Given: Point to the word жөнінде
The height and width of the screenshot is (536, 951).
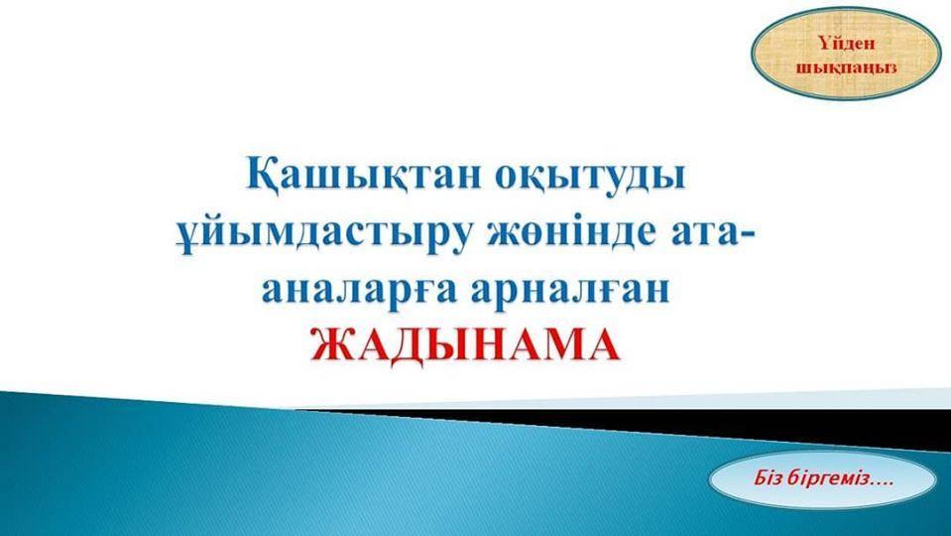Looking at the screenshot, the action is click(572, 234).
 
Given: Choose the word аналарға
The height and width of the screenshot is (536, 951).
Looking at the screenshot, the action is click(360, 292).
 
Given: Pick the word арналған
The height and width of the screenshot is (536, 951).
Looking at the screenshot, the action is click(571, 292).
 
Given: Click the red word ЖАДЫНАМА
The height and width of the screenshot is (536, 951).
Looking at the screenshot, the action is click(466, 344).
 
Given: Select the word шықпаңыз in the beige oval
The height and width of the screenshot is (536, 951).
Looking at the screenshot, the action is click(847, 67).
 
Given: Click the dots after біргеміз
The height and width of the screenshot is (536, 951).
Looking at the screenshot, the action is click(882, 483).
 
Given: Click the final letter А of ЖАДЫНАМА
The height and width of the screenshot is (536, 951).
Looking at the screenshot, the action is click(602, 344).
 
